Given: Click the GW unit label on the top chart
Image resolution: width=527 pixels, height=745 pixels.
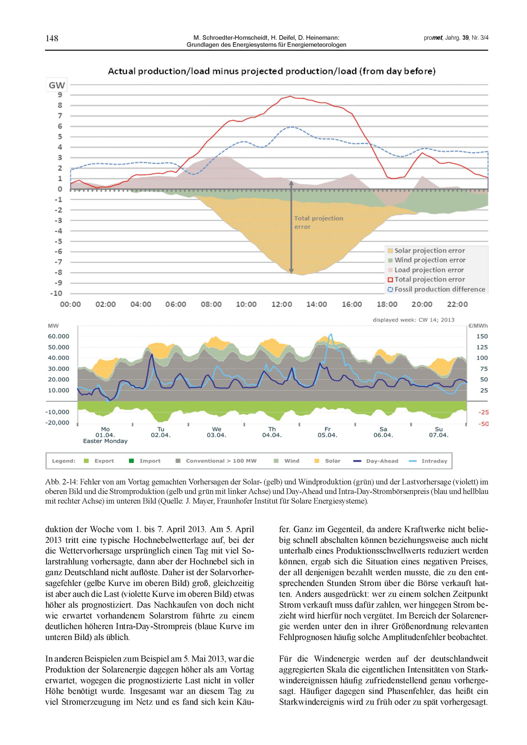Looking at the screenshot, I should (57, 86).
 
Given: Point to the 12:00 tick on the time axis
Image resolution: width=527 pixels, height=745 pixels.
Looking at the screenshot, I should (281, 304).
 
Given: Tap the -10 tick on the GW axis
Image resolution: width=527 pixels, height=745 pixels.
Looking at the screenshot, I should (56, 293).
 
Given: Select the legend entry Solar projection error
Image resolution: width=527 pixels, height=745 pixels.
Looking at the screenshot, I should (429, 251).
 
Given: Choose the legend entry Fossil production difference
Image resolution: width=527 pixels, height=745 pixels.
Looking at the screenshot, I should (439, 289).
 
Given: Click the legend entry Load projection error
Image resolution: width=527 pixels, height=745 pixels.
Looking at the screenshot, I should (429, 270).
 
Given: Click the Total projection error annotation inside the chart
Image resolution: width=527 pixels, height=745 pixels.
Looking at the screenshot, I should (318, 223).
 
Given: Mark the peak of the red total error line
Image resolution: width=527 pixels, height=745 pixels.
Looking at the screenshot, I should (290, 96).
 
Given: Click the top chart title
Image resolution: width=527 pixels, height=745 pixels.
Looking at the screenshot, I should (271, 71).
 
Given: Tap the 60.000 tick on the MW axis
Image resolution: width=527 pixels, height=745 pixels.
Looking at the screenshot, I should (59, 336).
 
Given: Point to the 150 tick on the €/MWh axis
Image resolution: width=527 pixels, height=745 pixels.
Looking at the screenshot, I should (482, 336).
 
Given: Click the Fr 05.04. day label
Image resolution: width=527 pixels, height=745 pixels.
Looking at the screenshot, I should (328, 432).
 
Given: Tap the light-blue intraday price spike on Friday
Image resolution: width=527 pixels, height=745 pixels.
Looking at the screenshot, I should (331, 334).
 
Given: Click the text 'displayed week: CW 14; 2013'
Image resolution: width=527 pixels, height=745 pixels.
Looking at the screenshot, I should (413, 320).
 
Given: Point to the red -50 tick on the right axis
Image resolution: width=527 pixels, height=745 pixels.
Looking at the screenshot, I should (483, 424).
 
